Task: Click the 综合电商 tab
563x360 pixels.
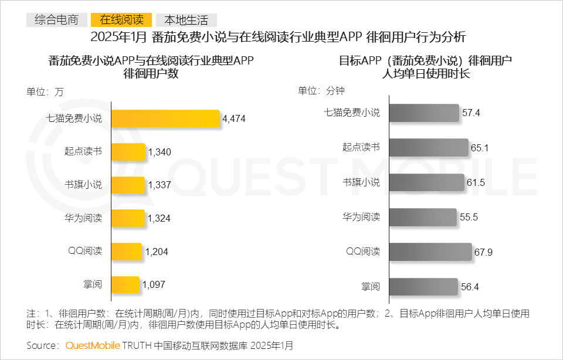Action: click(x=56, y=20)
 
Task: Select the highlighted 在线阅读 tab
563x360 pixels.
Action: click(x=121, y=20)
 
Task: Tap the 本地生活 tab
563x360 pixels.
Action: click(x=186, y=20)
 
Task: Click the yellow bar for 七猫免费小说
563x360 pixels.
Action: click(x=165, y=118)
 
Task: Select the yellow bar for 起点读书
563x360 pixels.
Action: click(x=128, y=152)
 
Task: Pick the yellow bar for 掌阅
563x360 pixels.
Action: click(x=125, y=285)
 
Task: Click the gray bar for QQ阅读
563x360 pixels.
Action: click(x=430, y=252)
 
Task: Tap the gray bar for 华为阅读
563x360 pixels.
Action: click(x=423, y=217)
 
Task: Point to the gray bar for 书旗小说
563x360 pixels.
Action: click(x=426, y=182)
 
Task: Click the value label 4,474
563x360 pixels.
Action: click(x=234, y=119)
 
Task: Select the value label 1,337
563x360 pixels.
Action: click(x=160, y=185)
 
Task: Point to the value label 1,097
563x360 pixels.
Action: click(x=154, y=285)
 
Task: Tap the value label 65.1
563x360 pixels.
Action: click(x=480, y=148)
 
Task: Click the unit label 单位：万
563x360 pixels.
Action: click(x=45, y=91)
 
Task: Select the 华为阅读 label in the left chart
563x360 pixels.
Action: click(x=83, y=219)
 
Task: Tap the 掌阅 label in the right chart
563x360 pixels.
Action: click(x=371, y=287)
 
